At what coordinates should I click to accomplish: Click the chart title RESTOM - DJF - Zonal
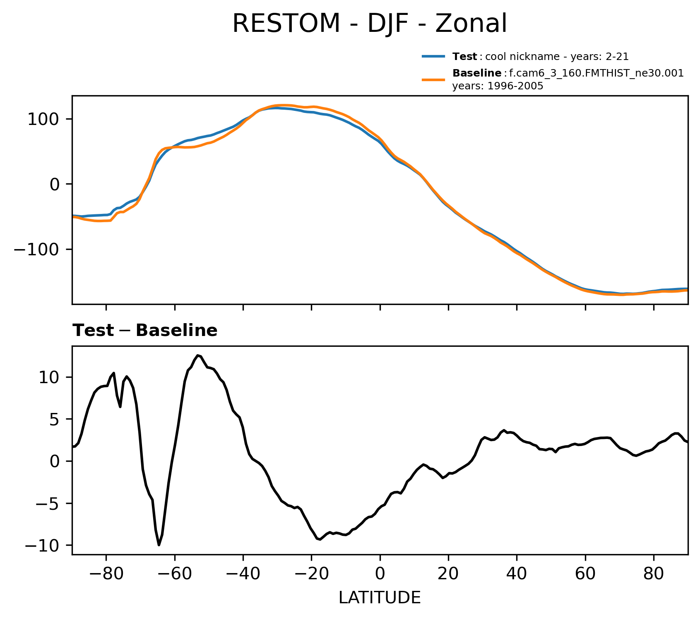coord(369,24)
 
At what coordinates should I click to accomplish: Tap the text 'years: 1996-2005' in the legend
coord(498,86)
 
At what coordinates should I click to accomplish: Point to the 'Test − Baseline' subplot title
coord(145,331)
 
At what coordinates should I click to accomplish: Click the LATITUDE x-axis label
coord(380,598)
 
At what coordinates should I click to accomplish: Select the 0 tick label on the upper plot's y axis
coord(55,185)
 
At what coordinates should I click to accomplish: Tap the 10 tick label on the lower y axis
coord(49,377)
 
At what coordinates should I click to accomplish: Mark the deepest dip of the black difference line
coord(159,545)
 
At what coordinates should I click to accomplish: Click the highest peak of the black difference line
coord(198,355)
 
